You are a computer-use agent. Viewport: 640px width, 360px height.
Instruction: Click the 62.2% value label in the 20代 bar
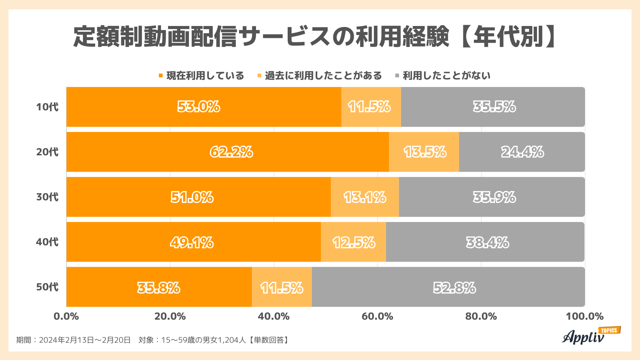click(x=231, y=152)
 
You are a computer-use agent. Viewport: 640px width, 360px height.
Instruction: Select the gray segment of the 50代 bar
click(x=448, y=287)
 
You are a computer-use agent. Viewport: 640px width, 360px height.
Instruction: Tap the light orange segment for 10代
click(x=371, y=107)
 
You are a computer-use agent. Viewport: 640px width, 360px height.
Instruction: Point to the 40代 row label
click(x=47, y=242)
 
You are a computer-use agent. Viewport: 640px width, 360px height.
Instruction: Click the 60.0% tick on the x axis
click(x=377, y=316)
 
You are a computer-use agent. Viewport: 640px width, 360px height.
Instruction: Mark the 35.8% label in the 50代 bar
click(x=159, y=288)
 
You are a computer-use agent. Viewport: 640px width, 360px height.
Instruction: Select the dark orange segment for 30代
click(x=198, y=197)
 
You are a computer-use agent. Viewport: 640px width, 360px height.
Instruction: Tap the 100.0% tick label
click(x=584, y=316)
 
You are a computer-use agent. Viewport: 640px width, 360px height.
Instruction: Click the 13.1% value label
click(x=365, y=197)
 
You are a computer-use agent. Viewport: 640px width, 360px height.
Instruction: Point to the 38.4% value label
click(x=487, y=242)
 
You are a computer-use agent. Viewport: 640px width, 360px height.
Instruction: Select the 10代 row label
click(x=47, y=107)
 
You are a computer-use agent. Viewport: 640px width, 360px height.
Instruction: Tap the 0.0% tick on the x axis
click(x=66, y=316)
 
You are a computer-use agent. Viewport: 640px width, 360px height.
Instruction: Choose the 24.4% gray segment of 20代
click(x=522, y=152)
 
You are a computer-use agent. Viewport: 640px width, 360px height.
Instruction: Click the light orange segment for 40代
click(x=353, y=242)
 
